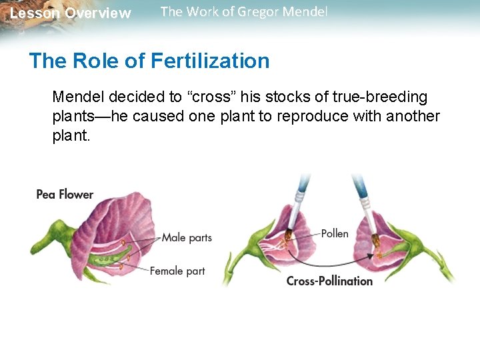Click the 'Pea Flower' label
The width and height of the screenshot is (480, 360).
click(65, 195)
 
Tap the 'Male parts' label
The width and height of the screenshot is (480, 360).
click(187, 237)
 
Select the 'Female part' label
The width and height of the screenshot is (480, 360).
click(177, 271)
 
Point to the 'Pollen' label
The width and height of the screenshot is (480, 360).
click(335, 233)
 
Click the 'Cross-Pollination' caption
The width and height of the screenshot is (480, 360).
click(329, 281)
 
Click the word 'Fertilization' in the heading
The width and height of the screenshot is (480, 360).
click(210, 61)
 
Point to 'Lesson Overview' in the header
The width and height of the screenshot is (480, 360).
click(71, 13)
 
